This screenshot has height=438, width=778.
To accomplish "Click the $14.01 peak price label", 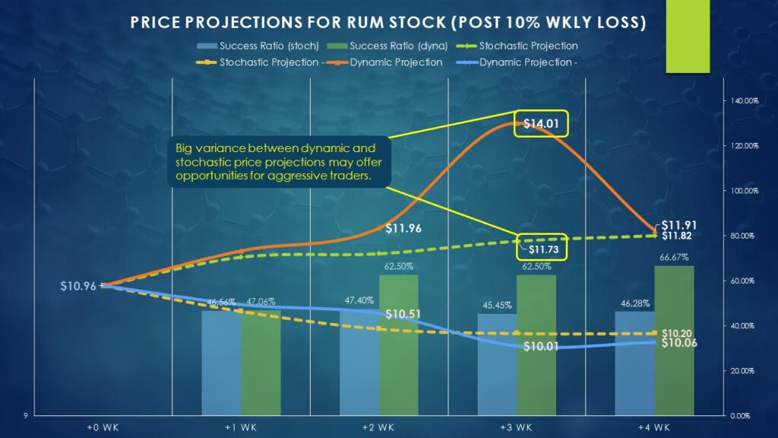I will point(541,124).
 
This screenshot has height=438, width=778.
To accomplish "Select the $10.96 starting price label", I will point(78,286).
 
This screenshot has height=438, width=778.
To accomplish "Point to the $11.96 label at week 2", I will point(403,227).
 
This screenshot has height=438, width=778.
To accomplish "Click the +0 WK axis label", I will point(103,427).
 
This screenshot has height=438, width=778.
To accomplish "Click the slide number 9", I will point(26,415).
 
